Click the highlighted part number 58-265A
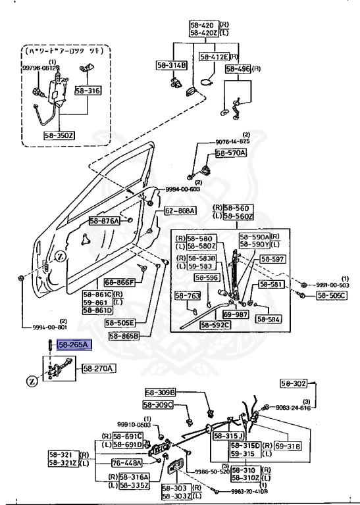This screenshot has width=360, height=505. point(74,344)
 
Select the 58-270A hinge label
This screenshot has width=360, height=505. point(97,368)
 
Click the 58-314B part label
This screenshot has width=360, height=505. point(172,65)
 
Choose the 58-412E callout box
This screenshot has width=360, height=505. point(213,57)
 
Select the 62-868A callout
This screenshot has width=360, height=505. point(180,210)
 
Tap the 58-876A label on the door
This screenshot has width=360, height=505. point(104,222)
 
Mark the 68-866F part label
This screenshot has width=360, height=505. point(119,283)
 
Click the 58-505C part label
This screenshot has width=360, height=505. point(332,296)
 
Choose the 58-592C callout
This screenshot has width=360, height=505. point(215,325)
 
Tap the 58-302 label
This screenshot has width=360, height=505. point(294,383)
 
